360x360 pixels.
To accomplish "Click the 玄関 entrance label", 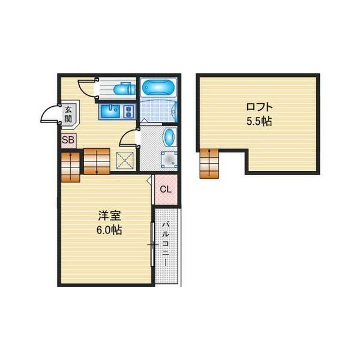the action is tap(68, 114).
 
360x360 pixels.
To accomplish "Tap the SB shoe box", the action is tap(68, 140).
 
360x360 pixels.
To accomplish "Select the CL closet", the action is tap(166, 190).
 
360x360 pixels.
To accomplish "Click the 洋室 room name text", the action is tap(109, 215).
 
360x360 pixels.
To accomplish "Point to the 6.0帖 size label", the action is tap(109, 230).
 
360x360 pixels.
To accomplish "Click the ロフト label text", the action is tap(259, 107).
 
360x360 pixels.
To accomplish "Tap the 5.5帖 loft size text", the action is tap(259, 121).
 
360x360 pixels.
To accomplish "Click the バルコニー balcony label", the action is tap(166, 244).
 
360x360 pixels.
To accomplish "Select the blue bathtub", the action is tap(158, 87).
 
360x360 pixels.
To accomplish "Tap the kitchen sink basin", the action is tap(110, 112).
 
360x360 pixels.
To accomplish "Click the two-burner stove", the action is tap(128, 112).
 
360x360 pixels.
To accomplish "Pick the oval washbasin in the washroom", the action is tap(170, 137).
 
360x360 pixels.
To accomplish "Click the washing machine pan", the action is tap(169, 160).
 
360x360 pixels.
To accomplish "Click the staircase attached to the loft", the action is tap(209, 163).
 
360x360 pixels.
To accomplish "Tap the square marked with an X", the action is tap(125, 160).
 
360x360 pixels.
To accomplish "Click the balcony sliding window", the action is tap(152, 244).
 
